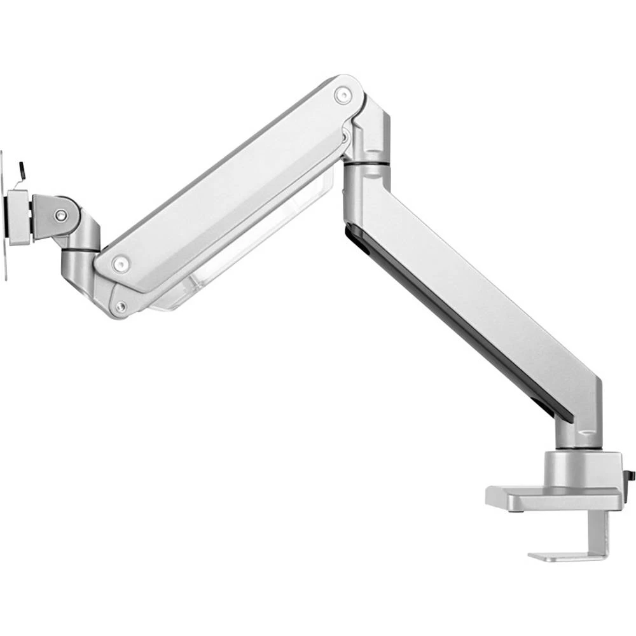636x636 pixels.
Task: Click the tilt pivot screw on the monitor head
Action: click(60, 216)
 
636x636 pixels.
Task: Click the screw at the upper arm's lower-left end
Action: click(118, 262)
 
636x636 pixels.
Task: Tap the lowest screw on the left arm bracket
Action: click(120, 307)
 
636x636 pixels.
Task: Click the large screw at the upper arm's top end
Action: click(343, 95)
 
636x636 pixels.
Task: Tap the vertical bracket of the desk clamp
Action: click(600, 534)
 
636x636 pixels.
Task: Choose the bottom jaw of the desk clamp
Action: click(560, 555)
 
